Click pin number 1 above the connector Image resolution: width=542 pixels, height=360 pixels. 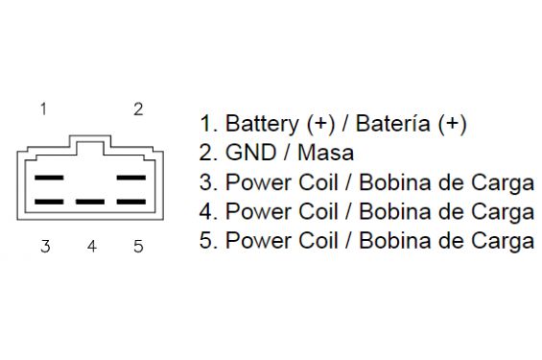[x=43, y=108]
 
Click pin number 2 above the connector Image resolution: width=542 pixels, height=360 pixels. [x=138, y=109]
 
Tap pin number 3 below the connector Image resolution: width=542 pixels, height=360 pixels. [x=45, y=247]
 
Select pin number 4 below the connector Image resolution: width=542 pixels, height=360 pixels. [x=91, y=247]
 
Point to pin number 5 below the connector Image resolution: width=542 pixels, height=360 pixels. [x=138, y=247]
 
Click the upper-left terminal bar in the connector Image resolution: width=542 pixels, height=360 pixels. [x=49, y=178]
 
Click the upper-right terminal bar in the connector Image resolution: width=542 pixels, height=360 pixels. [x=131, y=178]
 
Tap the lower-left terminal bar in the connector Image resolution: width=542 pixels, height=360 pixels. [x=49, y=202]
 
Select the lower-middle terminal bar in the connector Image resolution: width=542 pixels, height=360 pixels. [x=90, y=202]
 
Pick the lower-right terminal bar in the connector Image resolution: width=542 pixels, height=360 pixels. [x=131, y=202]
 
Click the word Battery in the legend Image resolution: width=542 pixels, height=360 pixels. [x=262, y=124]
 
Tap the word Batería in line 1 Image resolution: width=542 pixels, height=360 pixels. [x=393, y=123]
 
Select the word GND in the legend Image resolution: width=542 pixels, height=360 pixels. [x=250, y=153]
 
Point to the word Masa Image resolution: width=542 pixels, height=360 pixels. [x=325, y=153]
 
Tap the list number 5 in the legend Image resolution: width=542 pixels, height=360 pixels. [x=205, y=241]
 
